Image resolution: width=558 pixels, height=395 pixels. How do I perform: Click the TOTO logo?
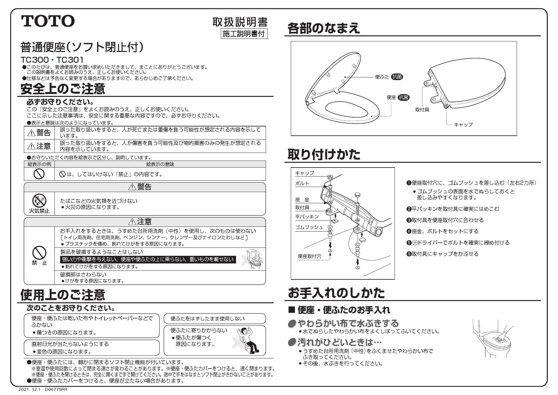coord(48,21)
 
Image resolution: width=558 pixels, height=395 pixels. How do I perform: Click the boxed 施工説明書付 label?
coord(244,34)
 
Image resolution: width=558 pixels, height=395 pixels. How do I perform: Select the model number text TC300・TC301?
coord(52,60)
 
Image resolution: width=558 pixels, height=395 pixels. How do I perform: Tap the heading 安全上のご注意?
coord(63,89)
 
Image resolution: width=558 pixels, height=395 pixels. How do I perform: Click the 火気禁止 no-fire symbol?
coord(39,201)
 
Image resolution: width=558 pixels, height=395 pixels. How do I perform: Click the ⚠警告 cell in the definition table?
coord(39,133)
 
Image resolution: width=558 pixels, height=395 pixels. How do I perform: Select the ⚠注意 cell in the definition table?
coord(39,146)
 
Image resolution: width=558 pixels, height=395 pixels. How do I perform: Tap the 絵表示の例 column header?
coord(39,164)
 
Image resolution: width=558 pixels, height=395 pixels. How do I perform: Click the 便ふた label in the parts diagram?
coord(382,77)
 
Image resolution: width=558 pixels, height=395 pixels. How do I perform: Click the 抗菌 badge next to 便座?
coord(404,97)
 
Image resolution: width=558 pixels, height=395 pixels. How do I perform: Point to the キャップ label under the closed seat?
coord(463,125)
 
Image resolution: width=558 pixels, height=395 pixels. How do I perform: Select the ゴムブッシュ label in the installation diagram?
coord(309,227)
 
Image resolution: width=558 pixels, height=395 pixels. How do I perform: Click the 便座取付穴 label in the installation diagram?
coord(309,256)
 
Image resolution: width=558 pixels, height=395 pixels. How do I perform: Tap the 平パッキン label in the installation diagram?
coord(307,217)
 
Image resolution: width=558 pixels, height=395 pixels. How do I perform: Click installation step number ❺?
coord(409,243)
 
